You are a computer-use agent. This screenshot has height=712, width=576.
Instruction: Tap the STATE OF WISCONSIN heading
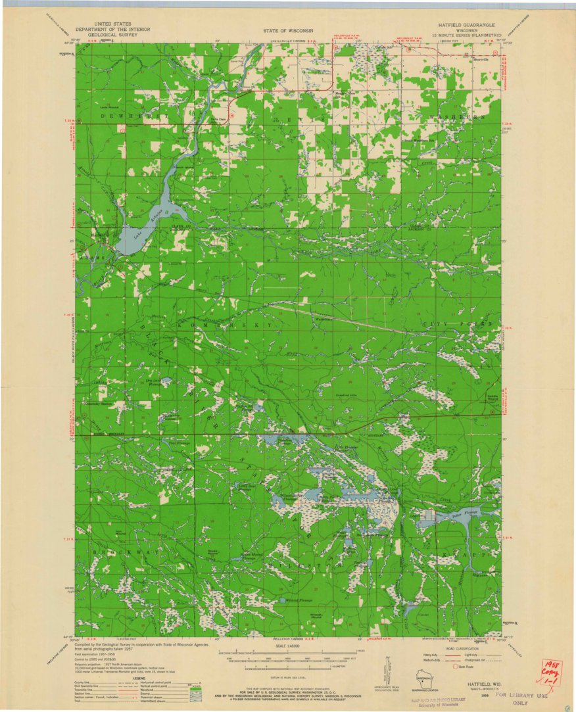click(288, 31)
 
